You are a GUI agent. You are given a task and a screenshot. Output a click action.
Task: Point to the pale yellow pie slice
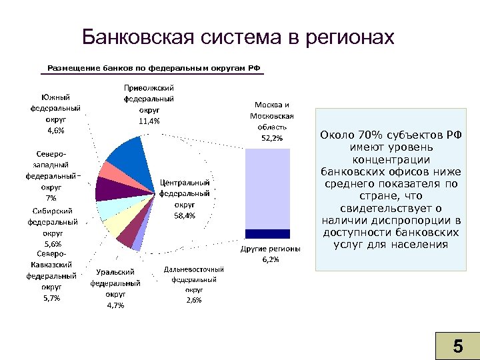point(115,225)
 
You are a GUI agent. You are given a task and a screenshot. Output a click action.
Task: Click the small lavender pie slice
point(137,243)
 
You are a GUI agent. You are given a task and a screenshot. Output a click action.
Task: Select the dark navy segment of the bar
point(267,233)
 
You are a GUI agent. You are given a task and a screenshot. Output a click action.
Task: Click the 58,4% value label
point(185,215)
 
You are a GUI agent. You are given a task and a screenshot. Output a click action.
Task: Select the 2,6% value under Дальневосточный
point(194,300)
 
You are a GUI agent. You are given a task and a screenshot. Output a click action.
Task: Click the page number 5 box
point(457,345)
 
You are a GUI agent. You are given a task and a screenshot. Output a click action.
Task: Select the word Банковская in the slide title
point(137,37)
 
